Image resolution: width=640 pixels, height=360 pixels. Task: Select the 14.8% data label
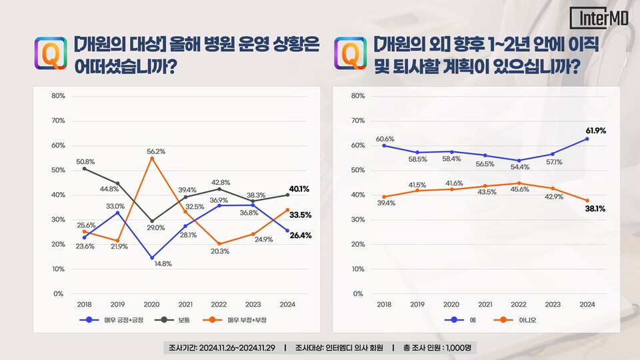pyautogui.click(x=162, y=263)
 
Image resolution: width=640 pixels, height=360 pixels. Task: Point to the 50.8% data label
pyautogui.click(x=85, y=161)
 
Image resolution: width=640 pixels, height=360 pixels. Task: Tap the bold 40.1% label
pyautogui.click(x=299, y=189)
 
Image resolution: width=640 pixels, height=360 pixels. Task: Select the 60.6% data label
pyautogui.click(x=385, y=139)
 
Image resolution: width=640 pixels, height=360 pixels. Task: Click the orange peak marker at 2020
pyautogui.click(x=153, y=159)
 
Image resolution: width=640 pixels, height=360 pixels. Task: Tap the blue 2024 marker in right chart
pyautogui.click(x=587, y=139)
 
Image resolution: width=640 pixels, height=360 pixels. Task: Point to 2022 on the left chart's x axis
pyautogui.click(x=219, y=303)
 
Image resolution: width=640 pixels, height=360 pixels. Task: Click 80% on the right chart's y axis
pyautogui.click(x=357, y=96)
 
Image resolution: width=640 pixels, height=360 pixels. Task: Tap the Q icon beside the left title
pyautogui.click(x=50, y=53)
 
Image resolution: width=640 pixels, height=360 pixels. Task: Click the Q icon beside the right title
pyautogui.click(x=349, y=53)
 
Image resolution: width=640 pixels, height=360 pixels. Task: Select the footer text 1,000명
pyautogui.click(x=458, y=349)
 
